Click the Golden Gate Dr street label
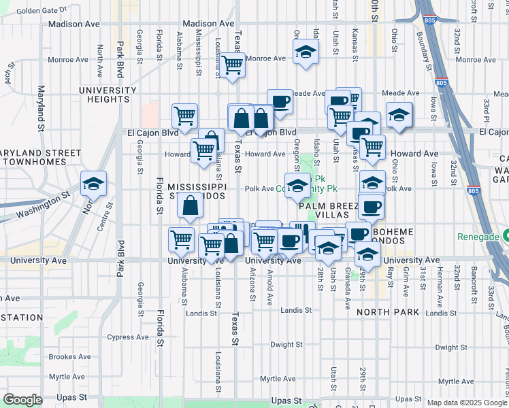pyautogui.click(x=42, y=11)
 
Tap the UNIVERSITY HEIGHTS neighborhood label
pyautogui.click(x=108, y=95)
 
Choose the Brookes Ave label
pyautogui.click(x=70, y=356)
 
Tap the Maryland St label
pyautogui.click(x=41, y=108)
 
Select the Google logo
pyautogui.click(x=22, y=400)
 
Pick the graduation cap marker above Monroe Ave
pyautogui.click(x=306, y=52)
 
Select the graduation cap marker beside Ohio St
pyautogui.click(x=399, y=116)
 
